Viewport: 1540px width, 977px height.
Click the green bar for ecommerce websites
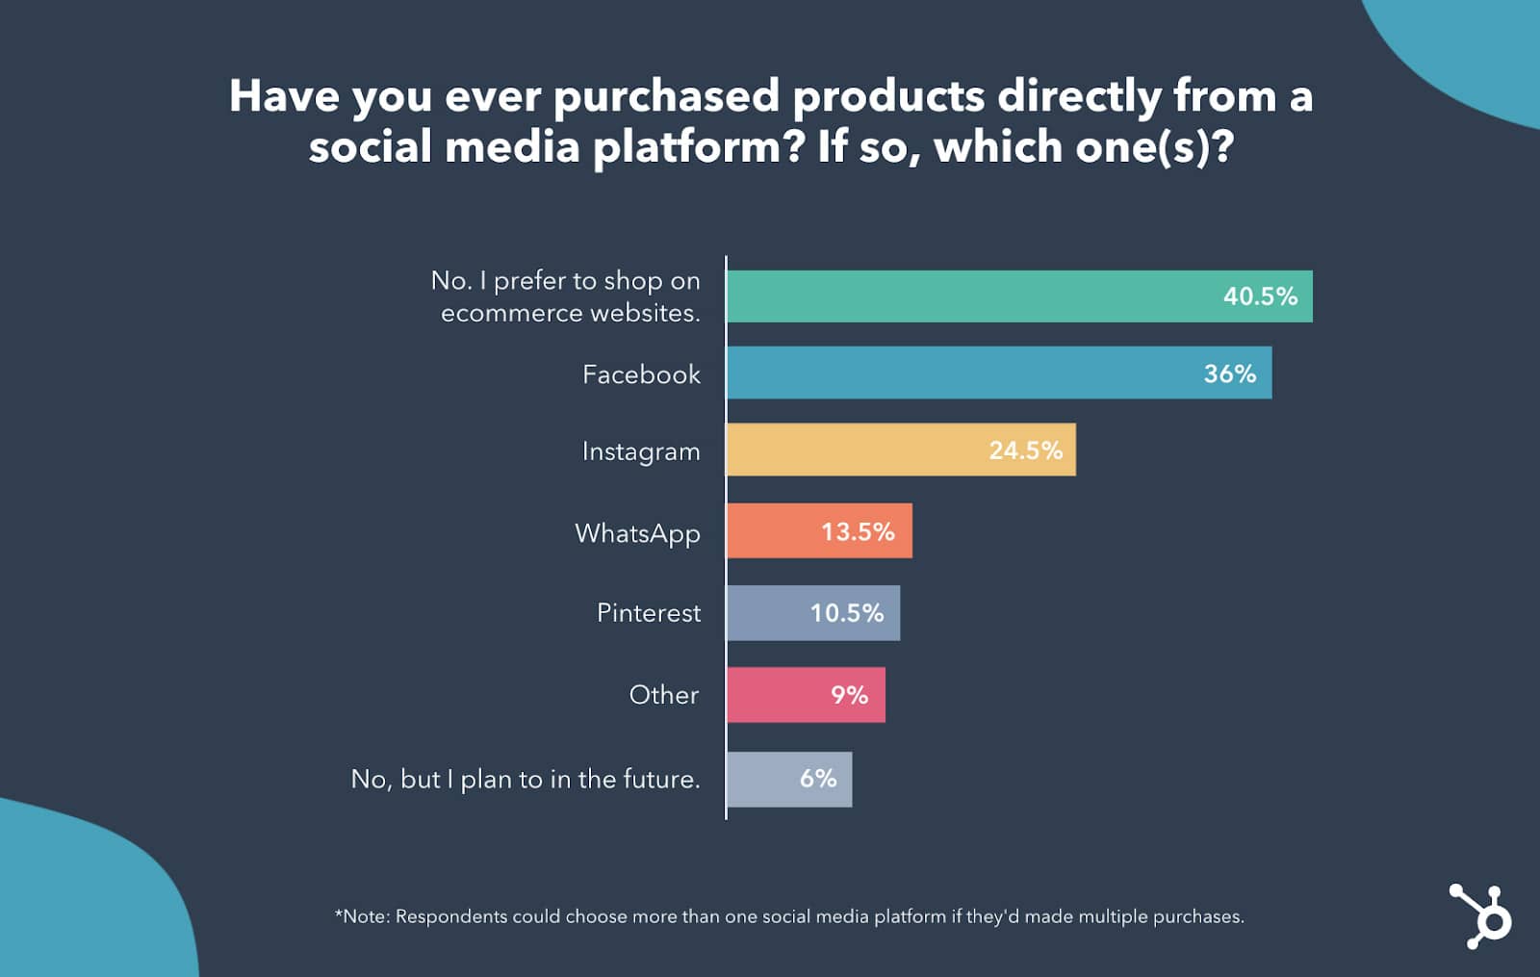pyautogui.click(x=962, y=296)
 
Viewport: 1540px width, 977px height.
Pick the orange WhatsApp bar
pyautogui.click(x=770, y=531)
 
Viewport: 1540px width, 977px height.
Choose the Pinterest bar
pyautogui.click(x=760, y=613)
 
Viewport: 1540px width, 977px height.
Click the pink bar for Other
pyautogui.click(x=770, y=695)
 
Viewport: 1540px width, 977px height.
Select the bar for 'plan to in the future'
pyautogui.click(x=756, y=779)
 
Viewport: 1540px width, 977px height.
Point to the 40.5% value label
pyautogui.click(x=1260, y=296)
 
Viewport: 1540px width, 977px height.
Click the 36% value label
pyautogui.click(x=1229, y=373)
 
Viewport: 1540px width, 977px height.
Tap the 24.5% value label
pyautogui.click(x=1025, y=450)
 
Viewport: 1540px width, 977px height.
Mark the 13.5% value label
pyautogui.click(x=857, y=532)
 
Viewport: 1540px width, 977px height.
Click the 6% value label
pyautogui.click(x=818, y=779)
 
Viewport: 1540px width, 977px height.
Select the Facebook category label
pyautogui.click(x=641, y=374)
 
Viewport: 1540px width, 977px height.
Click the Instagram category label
pyautogui.click(x=641, y=451)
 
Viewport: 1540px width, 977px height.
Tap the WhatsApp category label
pyautogui.click(x=637, y=533)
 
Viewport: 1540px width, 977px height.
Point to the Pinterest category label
pyautogui.click(x=649, y=613)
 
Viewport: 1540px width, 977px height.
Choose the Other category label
pyautogui.click(x=663, y=695)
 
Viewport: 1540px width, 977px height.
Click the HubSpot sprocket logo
pyautogui.click(x=1482, y=915)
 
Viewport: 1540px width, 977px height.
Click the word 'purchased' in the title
pyautogui.click(x=666, y=96)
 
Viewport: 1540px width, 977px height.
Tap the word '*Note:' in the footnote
pyautogui.click(x=362, y=916)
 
